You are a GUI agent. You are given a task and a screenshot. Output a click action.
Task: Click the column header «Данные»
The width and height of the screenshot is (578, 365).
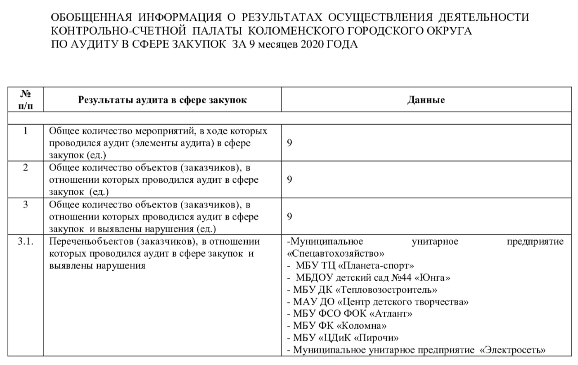point(426,100)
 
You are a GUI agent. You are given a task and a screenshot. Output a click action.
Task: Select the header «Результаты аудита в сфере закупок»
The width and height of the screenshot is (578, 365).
point(162,100)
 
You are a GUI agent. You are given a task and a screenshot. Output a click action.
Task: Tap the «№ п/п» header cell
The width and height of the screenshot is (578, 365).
point(26,100)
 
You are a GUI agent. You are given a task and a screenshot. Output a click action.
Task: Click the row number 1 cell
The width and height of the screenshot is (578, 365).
point(26,131)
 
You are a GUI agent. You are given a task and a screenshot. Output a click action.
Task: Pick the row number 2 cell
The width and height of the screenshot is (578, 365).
point(26,168)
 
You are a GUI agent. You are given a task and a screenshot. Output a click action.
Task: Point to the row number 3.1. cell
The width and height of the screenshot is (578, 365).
point(26,241)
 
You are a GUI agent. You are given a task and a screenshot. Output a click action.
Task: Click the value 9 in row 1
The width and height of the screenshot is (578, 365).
point(289,143)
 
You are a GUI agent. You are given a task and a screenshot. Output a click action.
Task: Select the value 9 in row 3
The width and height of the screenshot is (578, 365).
point(289,217)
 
